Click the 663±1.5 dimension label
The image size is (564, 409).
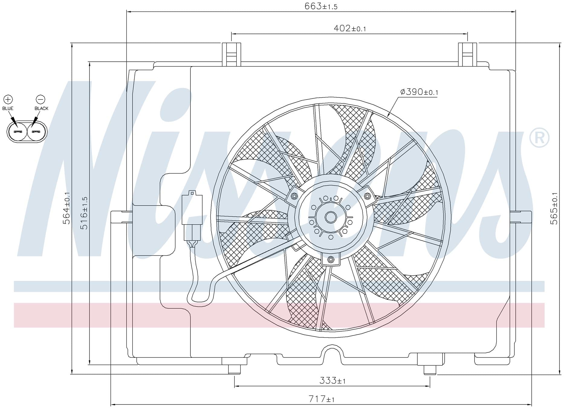[x=321, y=6]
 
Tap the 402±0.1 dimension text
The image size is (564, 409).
[x=350, y=28]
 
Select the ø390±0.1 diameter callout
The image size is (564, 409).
[x=419, y=92]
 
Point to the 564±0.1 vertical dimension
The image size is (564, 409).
[x=66, y=208]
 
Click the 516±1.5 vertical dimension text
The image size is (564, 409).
[x=84, y=213]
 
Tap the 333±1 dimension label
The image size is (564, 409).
[x=332, y=380]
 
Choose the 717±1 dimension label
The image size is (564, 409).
[x=321, y=399]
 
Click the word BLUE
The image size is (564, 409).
[x=8, y=108]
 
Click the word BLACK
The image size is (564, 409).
[x=41, y=108]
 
